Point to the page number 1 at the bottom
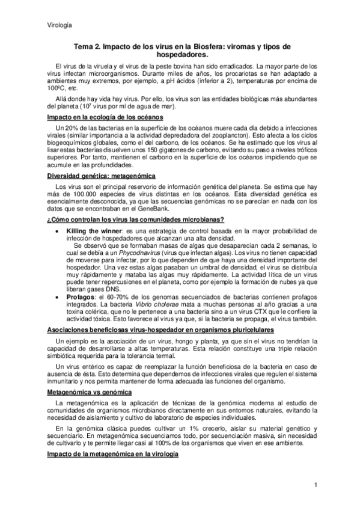click(x=315, y=485)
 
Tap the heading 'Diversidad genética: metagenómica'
click(x=101, y=176)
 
